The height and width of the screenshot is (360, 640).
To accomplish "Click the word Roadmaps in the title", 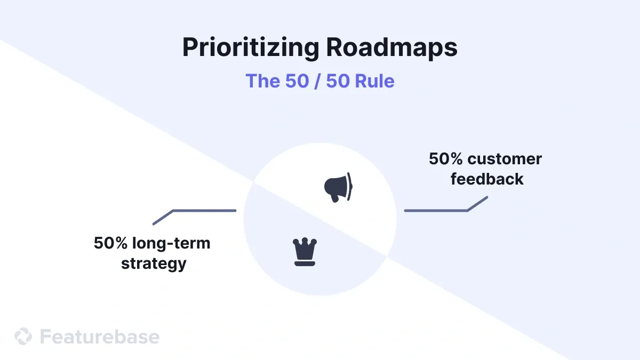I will tap(392, 48).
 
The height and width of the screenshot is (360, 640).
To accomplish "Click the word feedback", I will tap(487, 179).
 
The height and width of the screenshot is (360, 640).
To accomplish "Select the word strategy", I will tap(154, 263).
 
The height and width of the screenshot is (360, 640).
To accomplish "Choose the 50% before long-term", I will tap(111, 243).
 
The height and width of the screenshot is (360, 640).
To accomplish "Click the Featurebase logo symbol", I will tap(23, 337).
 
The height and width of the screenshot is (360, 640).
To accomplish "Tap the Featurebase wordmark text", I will tap(100, 337).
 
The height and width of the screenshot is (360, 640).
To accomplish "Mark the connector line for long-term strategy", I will tap(203, 210).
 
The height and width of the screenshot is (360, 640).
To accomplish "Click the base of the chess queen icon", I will tap(305, 263).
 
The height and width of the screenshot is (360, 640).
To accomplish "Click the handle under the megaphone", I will tap(334, 198).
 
